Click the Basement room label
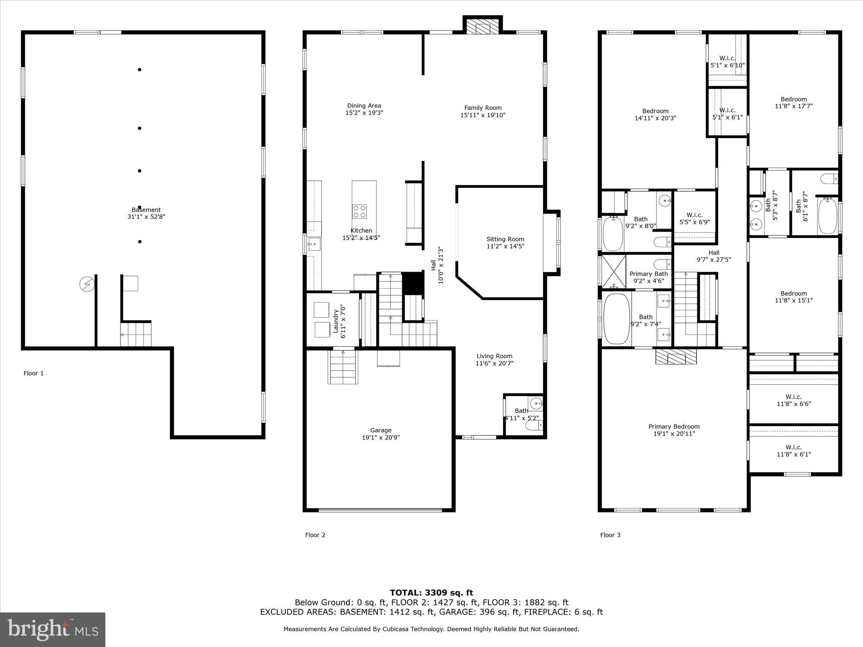[x=146, y=210]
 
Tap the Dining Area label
[x=364, y=106]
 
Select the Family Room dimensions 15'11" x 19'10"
[x=482, y=115]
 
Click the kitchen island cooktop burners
[x=359, y=211]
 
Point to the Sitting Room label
[x=505, y=239]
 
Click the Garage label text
[x=381, y=430]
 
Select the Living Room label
[x=494, y=356]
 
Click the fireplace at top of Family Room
[x=482, y=26]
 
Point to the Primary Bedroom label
[x=674, y=427]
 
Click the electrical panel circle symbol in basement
[x=87, y=285]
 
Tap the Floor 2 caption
[x=315, y=535]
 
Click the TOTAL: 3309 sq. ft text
[x=431, y=593]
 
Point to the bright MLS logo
[x=53, y=629]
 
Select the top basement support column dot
[x=139, y=70]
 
